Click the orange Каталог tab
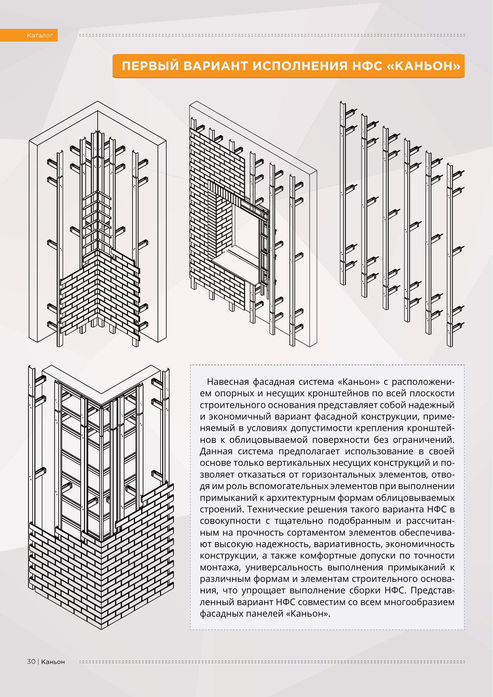[40, 35]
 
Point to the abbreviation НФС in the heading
[367, 66]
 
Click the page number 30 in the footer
[31, 662]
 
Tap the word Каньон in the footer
[53, 662]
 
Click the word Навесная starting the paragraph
[228, 382]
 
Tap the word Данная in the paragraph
[216, 452]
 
